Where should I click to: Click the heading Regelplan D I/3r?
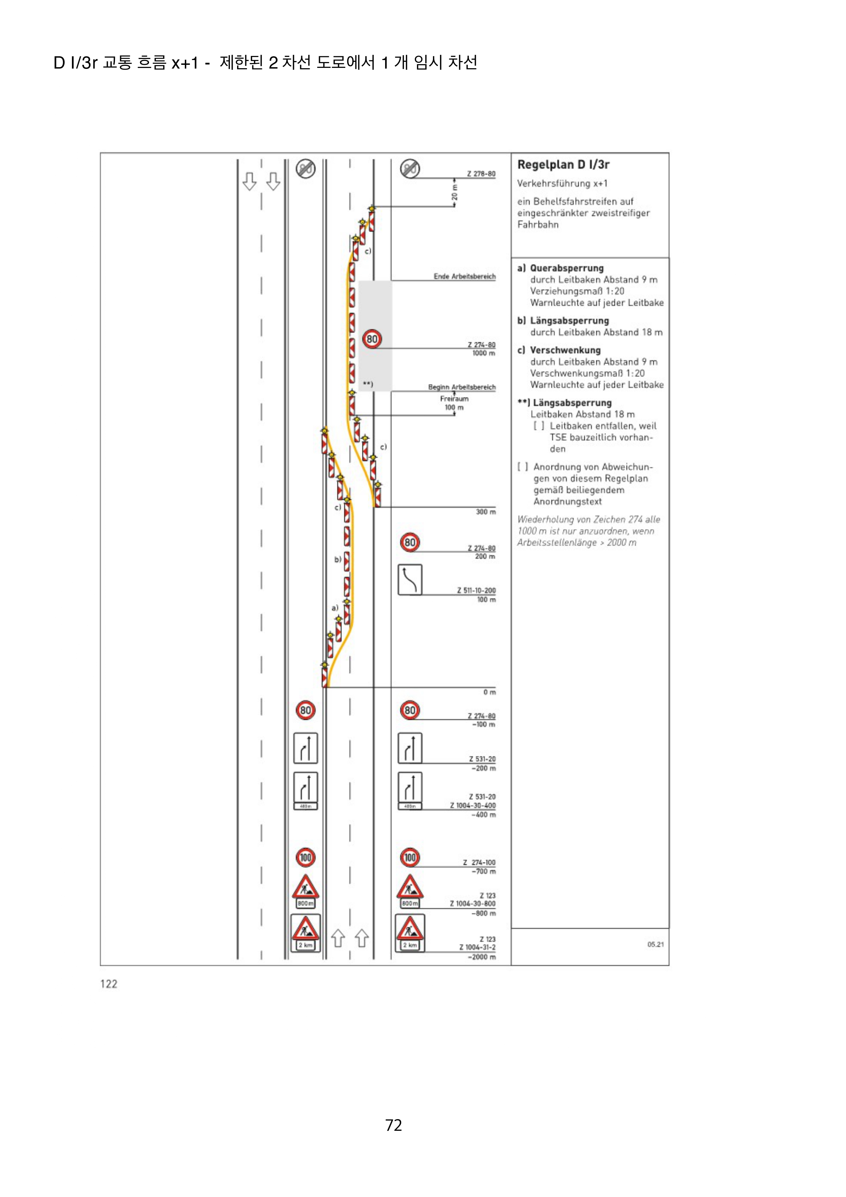[563, 165]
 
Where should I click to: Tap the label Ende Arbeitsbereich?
[464, 276]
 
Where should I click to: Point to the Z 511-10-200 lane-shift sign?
[410, 579]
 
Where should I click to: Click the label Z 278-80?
[481, 174]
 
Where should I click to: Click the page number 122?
[109, 984]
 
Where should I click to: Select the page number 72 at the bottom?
[394, 1125]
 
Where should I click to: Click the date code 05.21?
[655, 944]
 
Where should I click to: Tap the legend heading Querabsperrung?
[567, 268]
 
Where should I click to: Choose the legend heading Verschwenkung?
[565, 350]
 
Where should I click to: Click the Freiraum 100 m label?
[454, 403]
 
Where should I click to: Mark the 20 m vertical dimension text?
[454, 192]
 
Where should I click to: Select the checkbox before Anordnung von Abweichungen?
[522, 467]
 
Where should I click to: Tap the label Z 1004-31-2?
[477, 947]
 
